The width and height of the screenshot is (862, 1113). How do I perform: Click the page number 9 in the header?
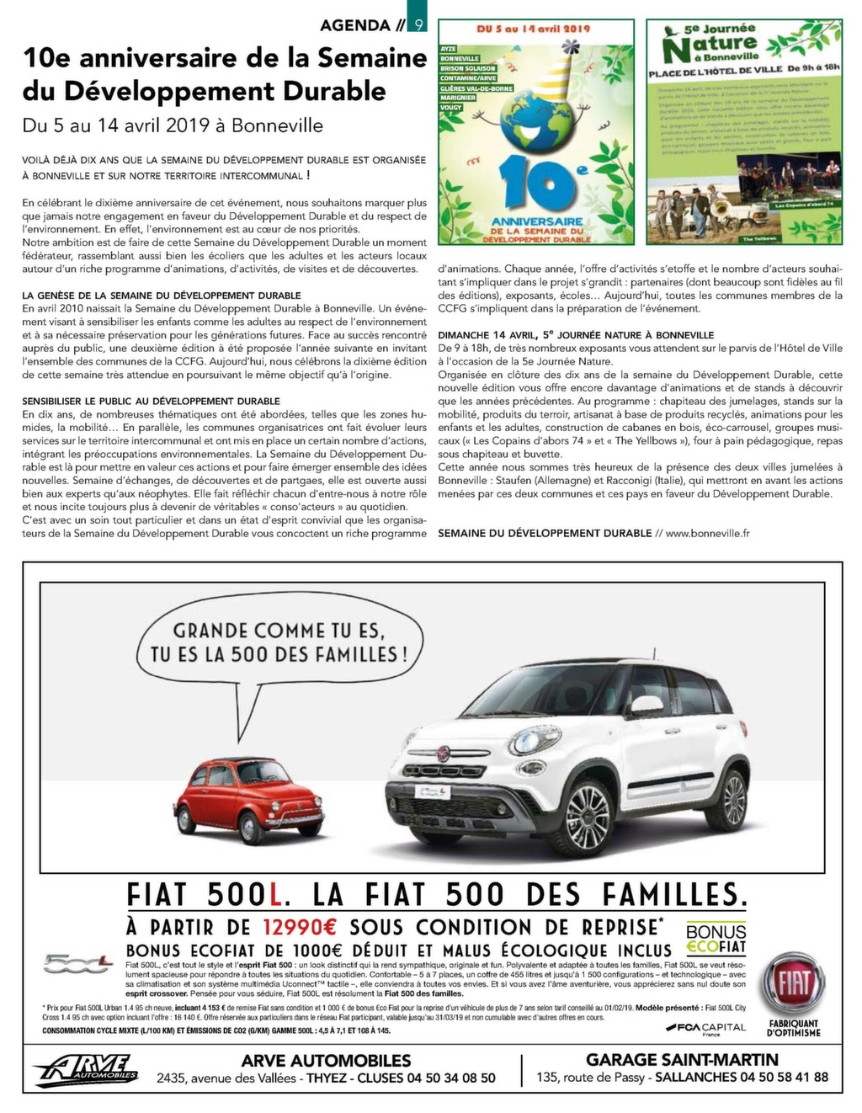pyautogui.click(x=418, y=25)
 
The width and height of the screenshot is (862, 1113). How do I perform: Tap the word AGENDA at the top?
pyautogui.click(x=355, y=25)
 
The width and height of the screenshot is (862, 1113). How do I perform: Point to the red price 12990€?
pyautogui.click(x=300, y=927)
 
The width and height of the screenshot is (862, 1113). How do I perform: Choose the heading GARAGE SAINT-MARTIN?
pyautogui.click(x=682, y=1060)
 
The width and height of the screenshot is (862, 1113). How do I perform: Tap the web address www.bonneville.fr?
pyautogui.click(x=707, y=533)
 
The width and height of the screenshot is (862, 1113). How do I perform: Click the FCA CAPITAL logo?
pyautogui.click(x=705, y=1027)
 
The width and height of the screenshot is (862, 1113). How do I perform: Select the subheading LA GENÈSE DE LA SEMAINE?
pyautogui.click(x=162, y=296)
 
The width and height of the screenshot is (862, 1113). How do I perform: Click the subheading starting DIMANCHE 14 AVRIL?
pyautogui.click(x=576, y=335)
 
